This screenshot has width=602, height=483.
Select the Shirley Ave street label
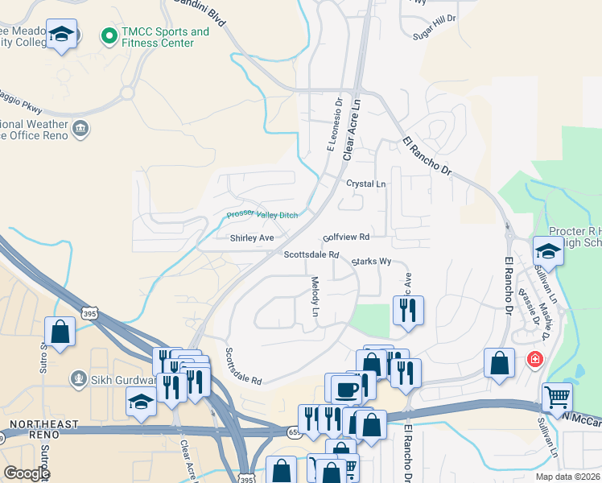click(252, 238)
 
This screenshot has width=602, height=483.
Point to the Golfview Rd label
click(346, 237)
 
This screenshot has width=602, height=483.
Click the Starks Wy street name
click(371, 262)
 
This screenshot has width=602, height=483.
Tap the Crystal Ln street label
click(366, 184)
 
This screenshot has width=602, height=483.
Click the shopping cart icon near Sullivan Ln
click(557, 396)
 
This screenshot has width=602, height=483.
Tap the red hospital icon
click(534, 359)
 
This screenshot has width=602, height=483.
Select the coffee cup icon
click(346, 390)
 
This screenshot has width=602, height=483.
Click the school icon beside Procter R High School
click(548, 251)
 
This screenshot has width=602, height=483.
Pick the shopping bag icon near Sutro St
click(60, 331)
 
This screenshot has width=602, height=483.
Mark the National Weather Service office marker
click(80, 128)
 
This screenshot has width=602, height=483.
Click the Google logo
click(26, 473)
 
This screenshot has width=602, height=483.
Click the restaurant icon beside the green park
click(407, 309)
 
